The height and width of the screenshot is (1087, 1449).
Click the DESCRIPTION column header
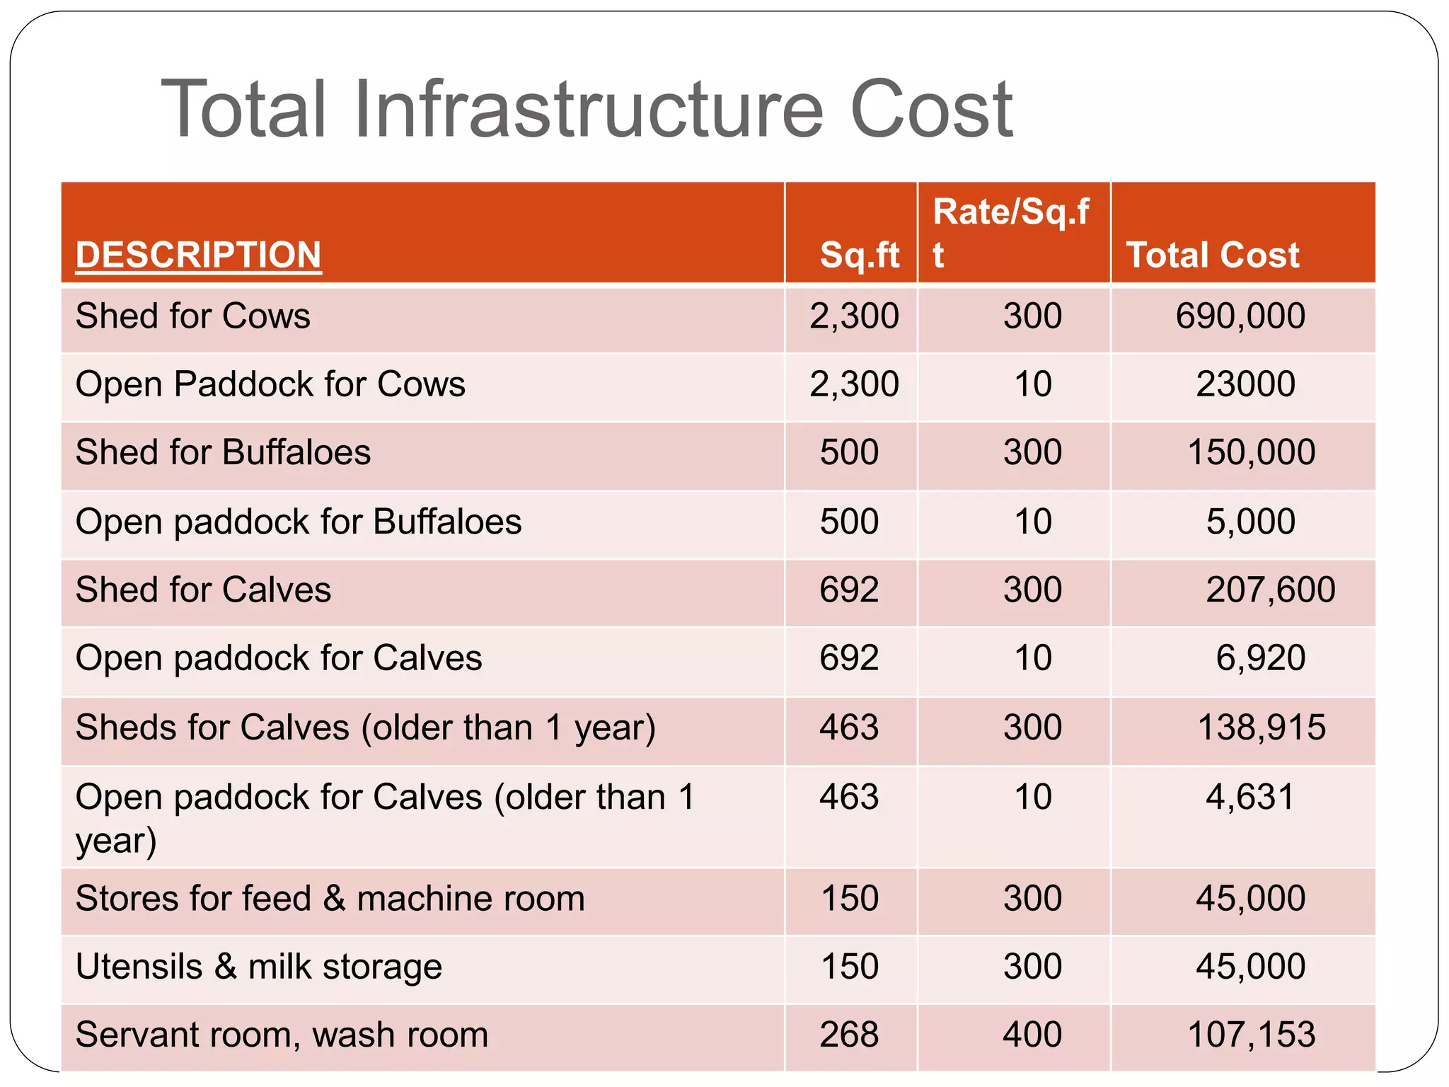[198, 255]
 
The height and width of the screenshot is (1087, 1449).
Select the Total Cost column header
[1212, 255]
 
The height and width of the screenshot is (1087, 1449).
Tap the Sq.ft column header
[859, 255]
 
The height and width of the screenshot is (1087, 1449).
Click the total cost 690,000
[1240, 316]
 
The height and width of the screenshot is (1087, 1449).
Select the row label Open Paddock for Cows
[270, 384]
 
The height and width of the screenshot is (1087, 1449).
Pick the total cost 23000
[1245, 384]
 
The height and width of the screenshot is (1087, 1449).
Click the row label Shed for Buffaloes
[223, 452]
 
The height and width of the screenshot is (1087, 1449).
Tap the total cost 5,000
[1250, 522]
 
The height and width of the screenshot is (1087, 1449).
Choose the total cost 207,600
[1270, 589]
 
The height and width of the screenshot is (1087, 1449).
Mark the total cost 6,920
[1260, 658]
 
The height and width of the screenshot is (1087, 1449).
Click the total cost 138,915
[1261, 727]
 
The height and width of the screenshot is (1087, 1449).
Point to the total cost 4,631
[1249, 797]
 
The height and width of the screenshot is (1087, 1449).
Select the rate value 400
[1032, 1035]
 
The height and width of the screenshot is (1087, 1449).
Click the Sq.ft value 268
[849, 1035]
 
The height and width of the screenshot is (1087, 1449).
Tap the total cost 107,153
[1251, 1035]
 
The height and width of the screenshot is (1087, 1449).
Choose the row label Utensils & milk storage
[258, 967]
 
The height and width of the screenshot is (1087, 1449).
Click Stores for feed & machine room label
[330, 899]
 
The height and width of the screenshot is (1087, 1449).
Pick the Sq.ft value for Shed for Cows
[854, 316]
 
